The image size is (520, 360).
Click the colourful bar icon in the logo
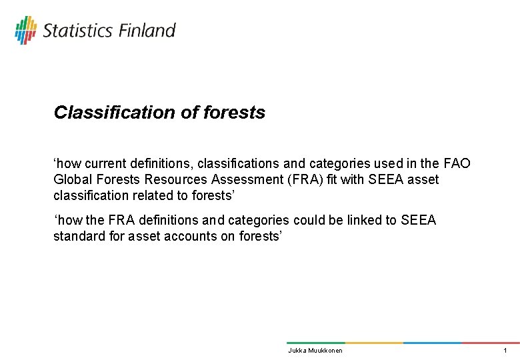26,30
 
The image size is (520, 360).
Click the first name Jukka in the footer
297,351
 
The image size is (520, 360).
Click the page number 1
505,351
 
